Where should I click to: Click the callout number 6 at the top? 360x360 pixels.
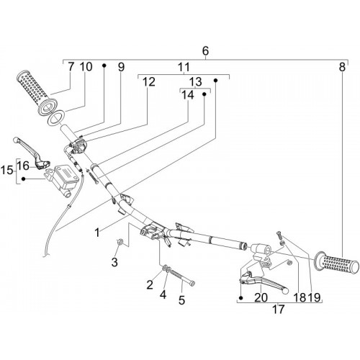206,50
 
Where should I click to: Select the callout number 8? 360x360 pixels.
342,67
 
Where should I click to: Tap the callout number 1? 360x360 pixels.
97,233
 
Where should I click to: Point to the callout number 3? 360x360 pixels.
114,262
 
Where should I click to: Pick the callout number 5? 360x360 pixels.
181,300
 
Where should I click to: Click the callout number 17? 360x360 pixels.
278,309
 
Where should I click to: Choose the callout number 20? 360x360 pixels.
261,297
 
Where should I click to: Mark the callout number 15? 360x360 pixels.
6,171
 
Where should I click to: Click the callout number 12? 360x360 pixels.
149,82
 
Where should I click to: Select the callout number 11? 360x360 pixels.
184,67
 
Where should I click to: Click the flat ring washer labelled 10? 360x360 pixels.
56,117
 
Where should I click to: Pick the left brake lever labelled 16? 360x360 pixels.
31,152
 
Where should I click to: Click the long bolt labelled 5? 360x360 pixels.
181,276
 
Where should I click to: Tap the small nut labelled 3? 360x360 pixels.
119,242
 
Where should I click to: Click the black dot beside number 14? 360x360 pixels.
204,94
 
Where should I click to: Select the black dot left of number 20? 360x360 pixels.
241,298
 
